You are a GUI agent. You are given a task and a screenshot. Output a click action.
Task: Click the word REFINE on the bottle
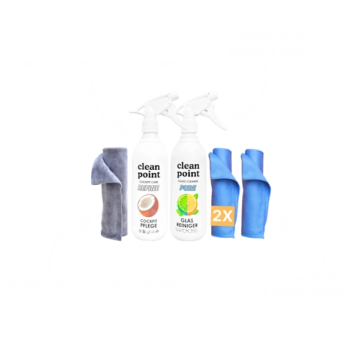[x=149, y=187]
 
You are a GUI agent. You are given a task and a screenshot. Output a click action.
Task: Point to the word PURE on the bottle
[x=188, y=187]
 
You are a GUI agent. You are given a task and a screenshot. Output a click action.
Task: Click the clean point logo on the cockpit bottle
[x=149, y=167]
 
